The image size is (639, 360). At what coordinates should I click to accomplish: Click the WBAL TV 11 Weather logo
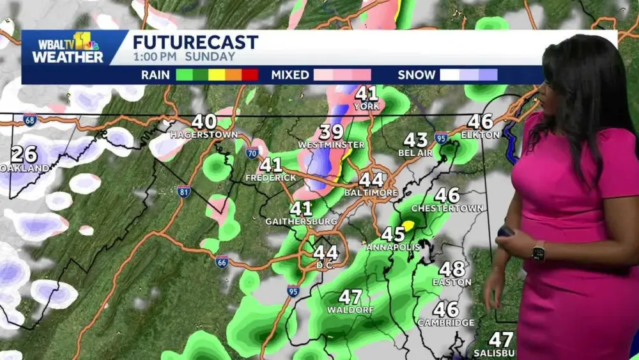click(x=67, y=48)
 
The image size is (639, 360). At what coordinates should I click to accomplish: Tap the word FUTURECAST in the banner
click(x=195, y=43)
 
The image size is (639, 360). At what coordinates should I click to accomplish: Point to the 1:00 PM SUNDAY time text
click(x=184, y=57)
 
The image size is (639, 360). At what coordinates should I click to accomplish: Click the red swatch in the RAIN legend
click(x=250, y=75)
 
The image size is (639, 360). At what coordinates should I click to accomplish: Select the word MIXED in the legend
click(x=290, y=75)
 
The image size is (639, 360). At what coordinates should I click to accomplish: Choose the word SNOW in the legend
click(x=416, y=75)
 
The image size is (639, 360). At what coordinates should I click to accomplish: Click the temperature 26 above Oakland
click(x=24, y=155)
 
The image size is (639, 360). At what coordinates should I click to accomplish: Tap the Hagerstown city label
click(x=204, y=135)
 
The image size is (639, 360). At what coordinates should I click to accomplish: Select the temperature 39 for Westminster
click(x=332, y=132)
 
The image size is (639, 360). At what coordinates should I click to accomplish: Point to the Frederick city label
click(x=271, y=177)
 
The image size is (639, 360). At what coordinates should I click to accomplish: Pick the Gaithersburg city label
click(x=301, y=221)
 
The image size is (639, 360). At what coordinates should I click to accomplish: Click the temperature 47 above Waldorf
click(x=350, y=297)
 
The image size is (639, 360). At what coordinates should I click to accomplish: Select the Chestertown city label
click(x=447, y=208)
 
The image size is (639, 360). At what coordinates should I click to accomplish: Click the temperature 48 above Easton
click(x=452, y=269)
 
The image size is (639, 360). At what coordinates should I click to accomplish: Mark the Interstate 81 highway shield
click(x=183, y=191)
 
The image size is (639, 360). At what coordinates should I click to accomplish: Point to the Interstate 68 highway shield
click(x=29, y=119)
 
